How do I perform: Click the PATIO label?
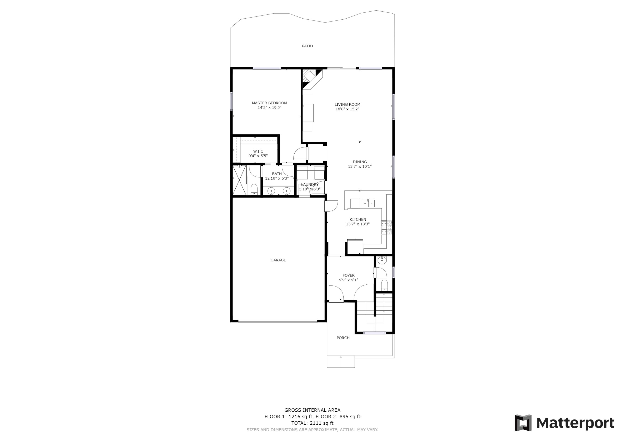pos(307,46)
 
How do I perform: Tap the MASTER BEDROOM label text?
pos(269,103)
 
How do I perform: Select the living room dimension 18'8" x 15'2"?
pos(347,109)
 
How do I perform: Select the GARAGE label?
pos(278,260)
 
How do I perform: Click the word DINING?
pos(360,162)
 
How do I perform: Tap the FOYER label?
pos(348,275)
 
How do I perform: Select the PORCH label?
pos(343,338)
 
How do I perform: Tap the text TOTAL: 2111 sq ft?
pos(312,423)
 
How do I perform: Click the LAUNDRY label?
pos(310,184)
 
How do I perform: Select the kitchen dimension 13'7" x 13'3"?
pos(357,224)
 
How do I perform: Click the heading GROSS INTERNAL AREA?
pos(312,410)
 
